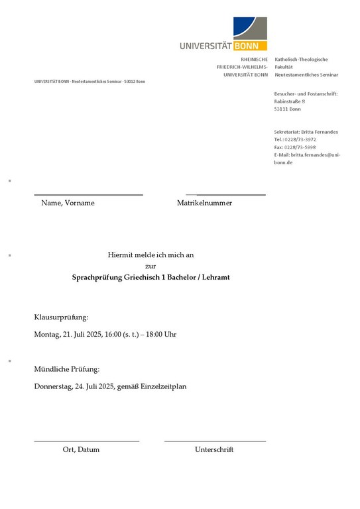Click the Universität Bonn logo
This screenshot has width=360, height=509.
tap(223, 34)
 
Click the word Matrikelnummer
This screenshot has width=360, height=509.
tap(204, 203)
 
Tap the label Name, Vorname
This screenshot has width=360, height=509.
tap(68, 203)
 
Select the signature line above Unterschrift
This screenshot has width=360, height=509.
tap(215, 441)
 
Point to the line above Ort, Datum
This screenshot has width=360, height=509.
tap(86, 441)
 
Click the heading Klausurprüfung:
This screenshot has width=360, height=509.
tap(61, 318)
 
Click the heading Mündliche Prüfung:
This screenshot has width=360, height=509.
tap(67, 369)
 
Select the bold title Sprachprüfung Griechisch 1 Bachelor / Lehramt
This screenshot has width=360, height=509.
tap(150, 277)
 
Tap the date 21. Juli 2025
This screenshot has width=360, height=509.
tap(83, 334)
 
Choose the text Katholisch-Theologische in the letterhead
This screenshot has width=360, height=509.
tap(301, 60)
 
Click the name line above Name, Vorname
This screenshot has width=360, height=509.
tap(88, 195)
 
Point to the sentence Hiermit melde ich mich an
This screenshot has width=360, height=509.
tap(150, 254)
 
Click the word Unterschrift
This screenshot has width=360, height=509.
tap(214, 449)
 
